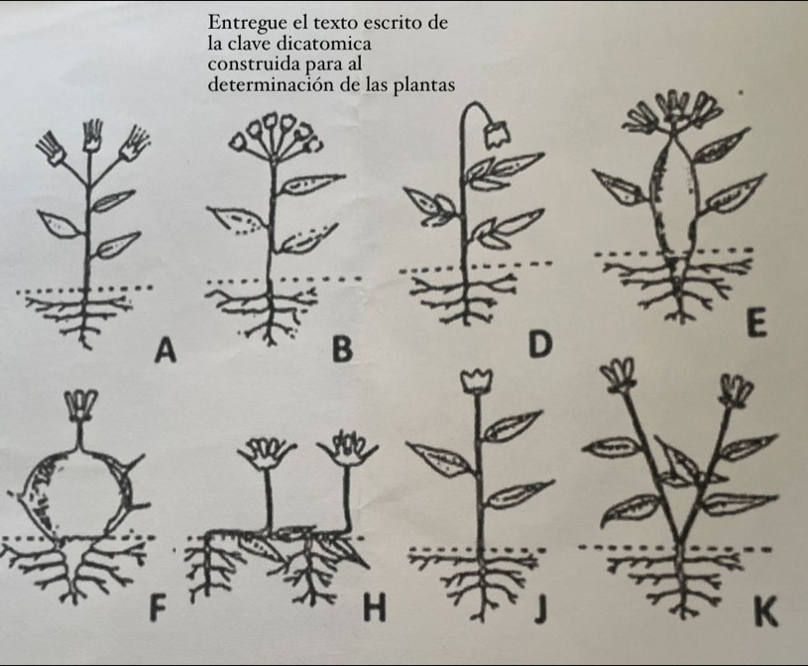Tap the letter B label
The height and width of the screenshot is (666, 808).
coord(342,349)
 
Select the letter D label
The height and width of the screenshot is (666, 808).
coord(540,345)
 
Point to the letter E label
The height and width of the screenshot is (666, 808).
coord(755,323)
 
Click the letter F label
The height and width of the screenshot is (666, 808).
coord(158,609)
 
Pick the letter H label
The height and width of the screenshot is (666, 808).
coord(375,609)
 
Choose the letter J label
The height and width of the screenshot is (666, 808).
coord(538,609)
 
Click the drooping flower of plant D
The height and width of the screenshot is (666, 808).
coord(497,134)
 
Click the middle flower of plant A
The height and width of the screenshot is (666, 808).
coord(93,136)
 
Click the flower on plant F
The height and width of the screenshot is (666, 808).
coord(79,405)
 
